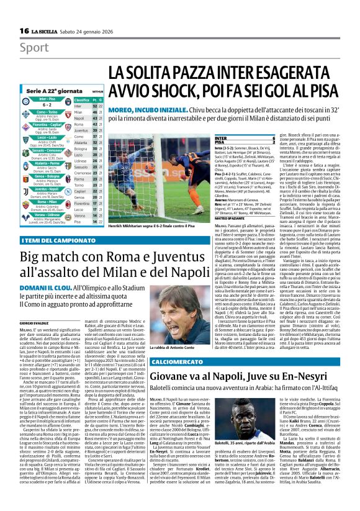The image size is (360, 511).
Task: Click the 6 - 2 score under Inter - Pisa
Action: coord(44,105)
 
